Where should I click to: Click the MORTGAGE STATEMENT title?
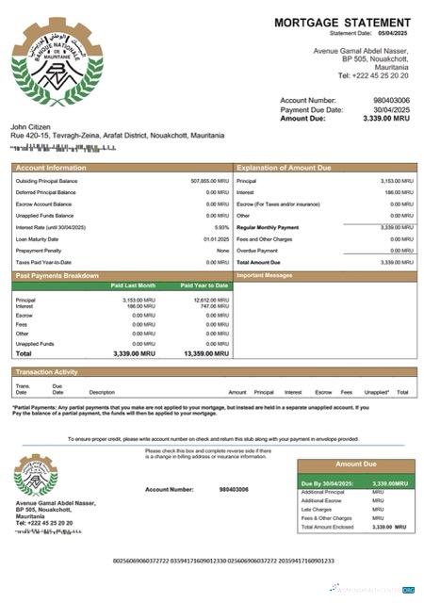coord(342,22)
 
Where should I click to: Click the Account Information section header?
coord(51,168)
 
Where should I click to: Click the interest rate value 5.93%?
coord(221,227)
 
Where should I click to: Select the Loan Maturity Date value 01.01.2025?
coord(216,238)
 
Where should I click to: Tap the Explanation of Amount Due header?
coord(284,168)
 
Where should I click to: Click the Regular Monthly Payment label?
coord(268,227)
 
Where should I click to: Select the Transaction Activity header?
coord(47,372)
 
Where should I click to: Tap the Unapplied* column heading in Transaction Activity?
coord(376,392)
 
